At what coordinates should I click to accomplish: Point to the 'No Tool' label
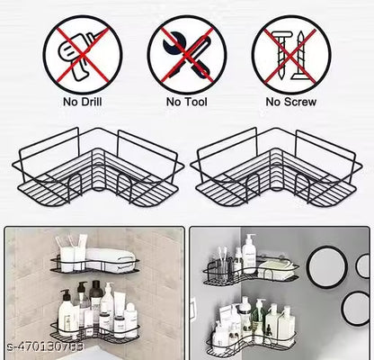pos(186,103)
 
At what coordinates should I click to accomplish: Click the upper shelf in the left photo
pos(94,266)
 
